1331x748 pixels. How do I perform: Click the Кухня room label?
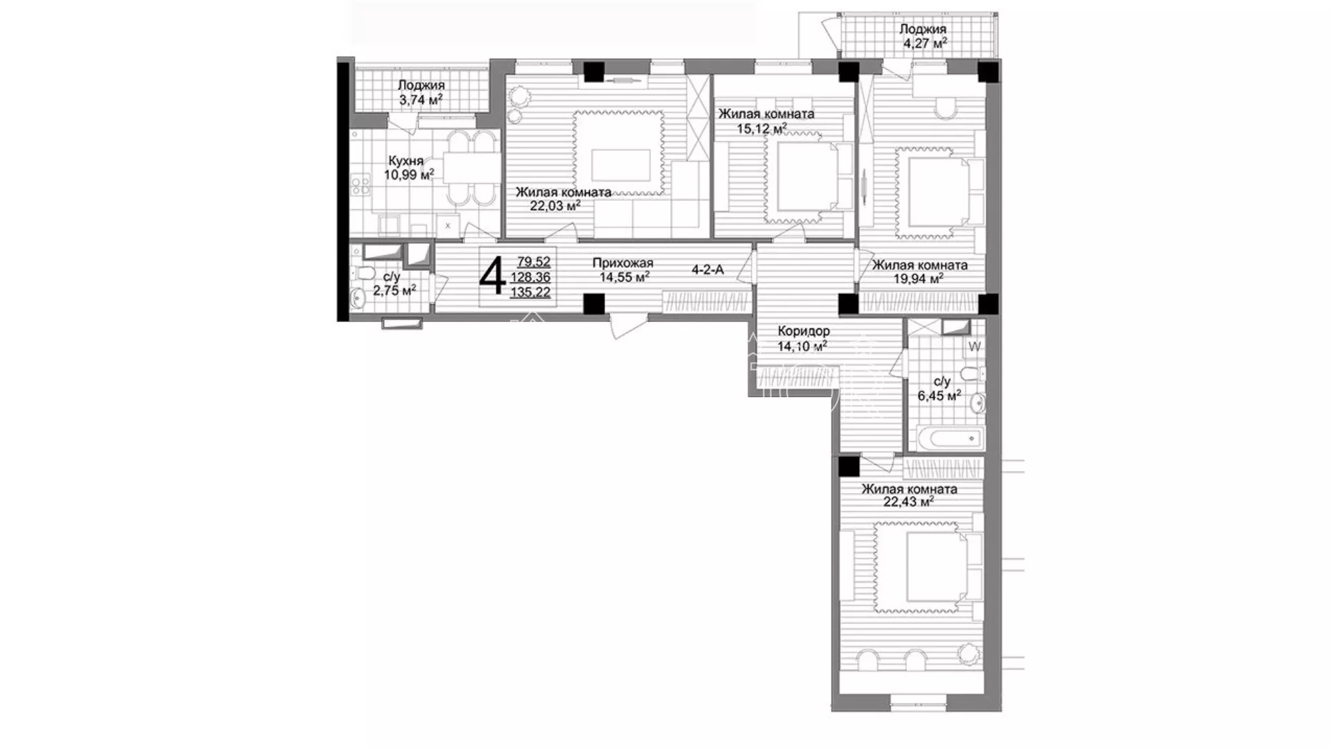(406, 161)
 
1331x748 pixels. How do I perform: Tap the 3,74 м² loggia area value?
(421, 100)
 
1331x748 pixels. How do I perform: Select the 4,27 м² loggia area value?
(925, 43)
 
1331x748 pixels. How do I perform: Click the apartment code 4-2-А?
(708, 269)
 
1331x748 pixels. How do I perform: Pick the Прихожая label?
(623, 263)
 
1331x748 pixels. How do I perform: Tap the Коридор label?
(803, 331)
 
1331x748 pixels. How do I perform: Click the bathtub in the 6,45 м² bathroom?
(946, 438)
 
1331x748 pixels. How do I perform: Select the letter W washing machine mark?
(975, 347)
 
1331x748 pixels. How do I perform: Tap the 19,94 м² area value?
(918, 278)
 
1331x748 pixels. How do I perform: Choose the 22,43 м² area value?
(909, 502)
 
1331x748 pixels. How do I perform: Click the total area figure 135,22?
(530, 292)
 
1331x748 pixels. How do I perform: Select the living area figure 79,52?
(534, 262)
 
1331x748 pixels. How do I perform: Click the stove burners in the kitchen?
(360, 185)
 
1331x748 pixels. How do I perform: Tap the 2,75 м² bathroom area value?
(394, 290)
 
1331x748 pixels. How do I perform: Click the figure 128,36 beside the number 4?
(530, 277)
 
